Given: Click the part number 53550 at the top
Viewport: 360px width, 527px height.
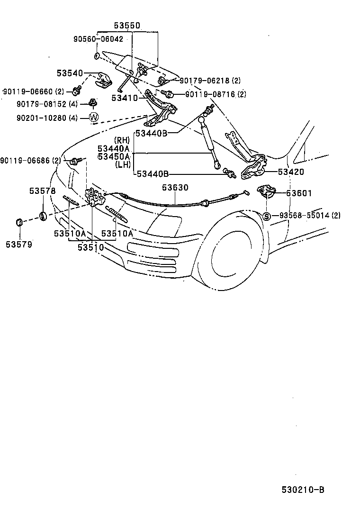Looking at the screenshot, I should [x=126, y=26].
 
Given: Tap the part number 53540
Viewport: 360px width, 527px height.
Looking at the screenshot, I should [x=70, y=73].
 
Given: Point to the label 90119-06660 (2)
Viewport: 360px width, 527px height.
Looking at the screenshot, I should [x=33, y=91].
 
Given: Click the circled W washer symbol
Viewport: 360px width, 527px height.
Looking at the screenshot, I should [x=93, y=117].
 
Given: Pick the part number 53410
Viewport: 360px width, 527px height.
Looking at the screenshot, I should [x=124, y=98].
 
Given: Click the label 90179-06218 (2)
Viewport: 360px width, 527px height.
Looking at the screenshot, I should [x=210, y=81].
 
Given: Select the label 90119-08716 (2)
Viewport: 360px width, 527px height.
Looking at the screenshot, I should [x=216, y=94].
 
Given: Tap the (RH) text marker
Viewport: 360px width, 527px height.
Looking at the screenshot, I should [x=122, y=140].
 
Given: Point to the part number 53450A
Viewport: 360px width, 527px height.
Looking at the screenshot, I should [x=114, y=156].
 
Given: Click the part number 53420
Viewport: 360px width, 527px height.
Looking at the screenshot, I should [x=291, y=172].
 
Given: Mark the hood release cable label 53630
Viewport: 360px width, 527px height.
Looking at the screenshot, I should [x=175, y=188].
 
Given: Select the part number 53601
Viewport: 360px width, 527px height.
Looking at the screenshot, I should [x=299, y=193].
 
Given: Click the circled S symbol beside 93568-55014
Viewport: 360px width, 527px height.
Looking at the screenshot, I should [x=266, y=216].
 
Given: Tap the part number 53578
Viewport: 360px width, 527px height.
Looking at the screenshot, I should [x=42, y=191].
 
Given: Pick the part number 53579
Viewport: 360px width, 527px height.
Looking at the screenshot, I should [x=19, y=245].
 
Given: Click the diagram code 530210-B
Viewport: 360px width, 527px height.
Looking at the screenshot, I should [x=303, y=490].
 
